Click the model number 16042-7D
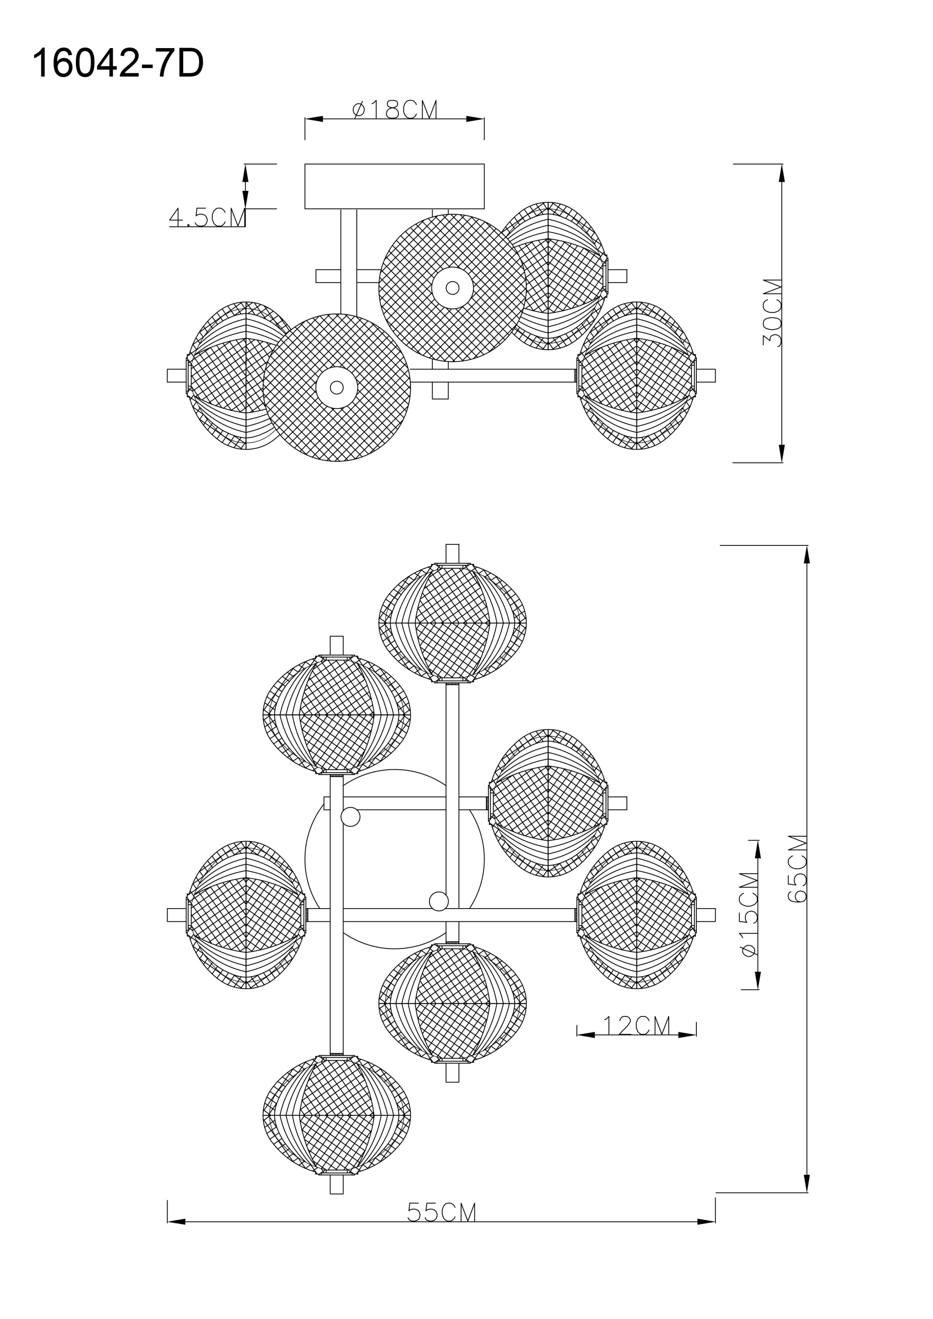click(118, 63)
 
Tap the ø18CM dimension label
click(395, 109)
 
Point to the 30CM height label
click(773, 313)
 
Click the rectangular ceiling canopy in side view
click(395, 186)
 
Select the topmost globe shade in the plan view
click(452, 623)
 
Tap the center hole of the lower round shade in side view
click(337, 387)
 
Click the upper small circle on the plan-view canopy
click(350, 816)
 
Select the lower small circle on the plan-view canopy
click(439, 901)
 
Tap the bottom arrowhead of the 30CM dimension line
click(782, 453)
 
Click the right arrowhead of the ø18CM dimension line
click(475, 119)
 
